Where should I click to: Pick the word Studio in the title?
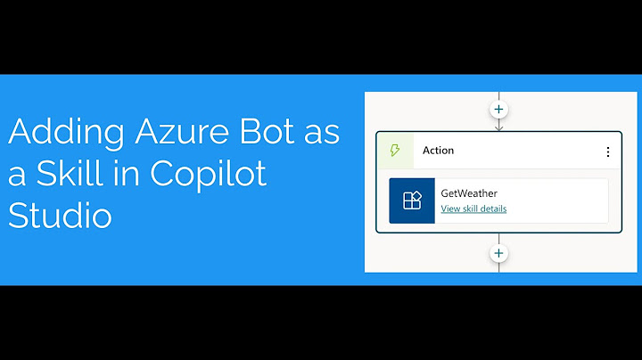tap(60, 216)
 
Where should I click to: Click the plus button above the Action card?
tap(498, 110)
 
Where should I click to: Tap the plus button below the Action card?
tap(498, 253)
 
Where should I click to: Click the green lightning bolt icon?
tap(395, 151)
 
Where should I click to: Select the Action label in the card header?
tap(439, 151)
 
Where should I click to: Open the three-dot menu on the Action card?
tap(608, 151)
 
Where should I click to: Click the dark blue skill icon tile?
tap(412, 200)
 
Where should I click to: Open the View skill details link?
tap(473, 209)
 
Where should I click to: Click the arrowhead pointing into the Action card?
tap(498, 127)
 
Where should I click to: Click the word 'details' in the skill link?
tap(492, 209)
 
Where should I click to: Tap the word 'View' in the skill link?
tap(451, 209)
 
